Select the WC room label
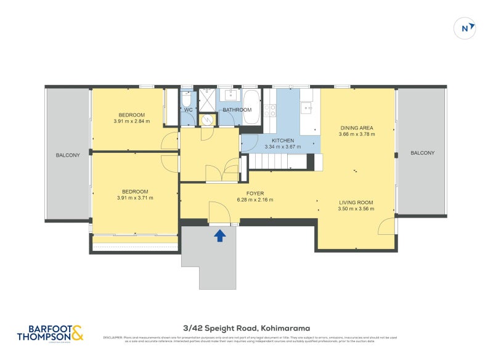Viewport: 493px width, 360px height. click(x=189, y=110)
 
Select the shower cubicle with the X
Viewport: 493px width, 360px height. click(x=208, y=98)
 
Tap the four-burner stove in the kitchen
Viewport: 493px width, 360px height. click(x=270, y=110)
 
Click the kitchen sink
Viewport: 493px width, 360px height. click(x=306, y=108)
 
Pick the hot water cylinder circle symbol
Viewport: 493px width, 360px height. click(x=208, y=120)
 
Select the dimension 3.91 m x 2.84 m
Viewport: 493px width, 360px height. click(x=132, y=121)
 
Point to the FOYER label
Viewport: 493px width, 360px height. click(x=255, y=194)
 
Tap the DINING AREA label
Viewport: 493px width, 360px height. click(x=357, y=128)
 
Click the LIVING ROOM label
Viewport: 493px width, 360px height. click(x=356, y=202)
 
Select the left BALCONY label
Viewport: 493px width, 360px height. click(x=68, y=155)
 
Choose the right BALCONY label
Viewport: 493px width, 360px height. click(x=422, y=153)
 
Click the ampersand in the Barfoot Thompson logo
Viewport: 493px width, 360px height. click(x=76, y=333)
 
